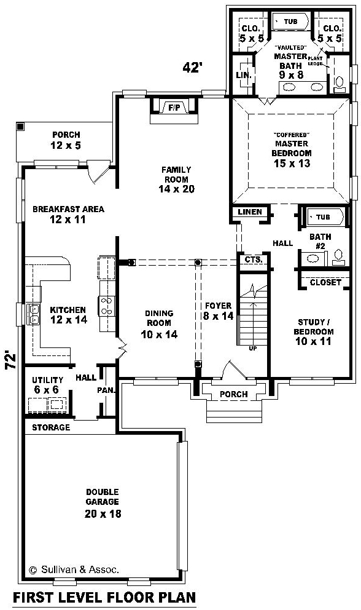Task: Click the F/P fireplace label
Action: (x=174, y=108)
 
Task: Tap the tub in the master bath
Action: (x=290, y=22)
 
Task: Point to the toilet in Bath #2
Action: (x=338, y=258)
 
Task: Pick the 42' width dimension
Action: (x=192, y=67)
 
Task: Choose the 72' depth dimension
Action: (x=11, y=360)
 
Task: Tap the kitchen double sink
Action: (x=33, y=314)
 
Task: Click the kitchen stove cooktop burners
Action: (x=106, y=306)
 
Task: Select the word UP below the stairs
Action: (x=252, y=349)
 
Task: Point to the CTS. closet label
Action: (x=254, y=259)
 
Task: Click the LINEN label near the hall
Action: (x=250, y=212)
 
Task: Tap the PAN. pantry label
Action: (x=106, y=390)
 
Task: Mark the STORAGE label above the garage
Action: (x=51, y=427)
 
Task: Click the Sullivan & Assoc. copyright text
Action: (x=74, y=570)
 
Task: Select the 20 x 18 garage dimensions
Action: (x=103, y=513)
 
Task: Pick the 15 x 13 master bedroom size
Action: (x=292, y=164)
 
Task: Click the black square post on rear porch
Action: (x=21, y=127)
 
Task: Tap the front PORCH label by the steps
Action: (x=233, y=394)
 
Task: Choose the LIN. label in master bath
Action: (x=244, y=74)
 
